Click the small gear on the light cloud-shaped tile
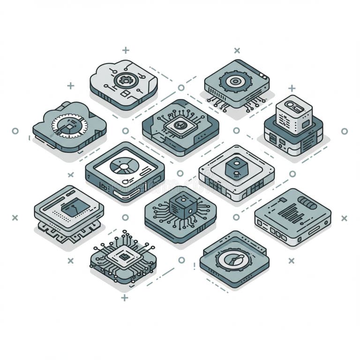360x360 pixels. tap(125, 80)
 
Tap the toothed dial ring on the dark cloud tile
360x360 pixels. tap(69, 126)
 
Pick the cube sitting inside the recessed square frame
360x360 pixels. tap(236, 169)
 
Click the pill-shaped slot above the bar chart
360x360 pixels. tap(307, 203)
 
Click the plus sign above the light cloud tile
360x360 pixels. tap(126, 50)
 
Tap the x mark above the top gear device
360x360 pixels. tap(237, 50)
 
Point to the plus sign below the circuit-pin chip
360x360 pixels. tap(124, 298)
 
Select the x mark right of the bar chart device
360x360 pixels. tap(344, 218)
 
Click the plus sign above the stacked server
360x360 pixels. tap(292, 88)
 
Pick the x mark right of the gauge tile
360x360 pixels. tap(291, 261)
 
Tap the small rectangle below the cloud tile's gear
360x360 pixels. tap(125, 94)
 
